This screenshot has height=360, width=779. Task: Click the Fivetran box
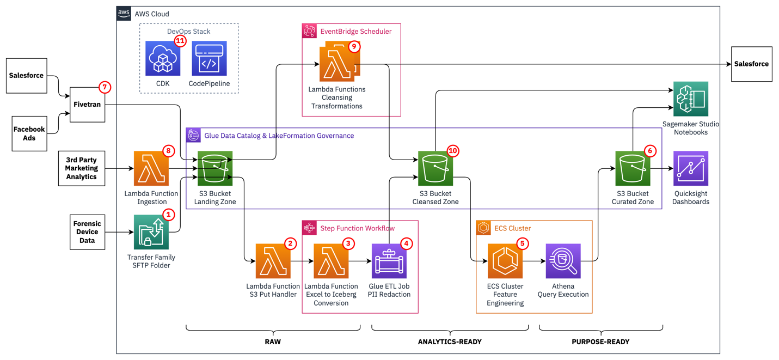(x=87, y=105)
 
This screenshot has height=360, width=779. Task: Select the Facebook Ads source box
(x=29, y=133)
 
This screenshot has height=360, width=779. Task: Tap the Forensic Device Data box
(x=87, y=232)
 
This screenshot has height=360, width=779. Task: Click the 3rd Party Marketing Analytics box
(x=82, y=168)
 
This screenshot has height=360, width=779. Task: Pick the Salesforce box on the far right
(x=751, y=64)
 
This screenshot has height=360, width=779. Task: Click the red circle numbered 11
(x=180, y=40)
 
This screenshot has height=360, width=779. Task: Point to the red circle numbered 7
(x=105, y=87)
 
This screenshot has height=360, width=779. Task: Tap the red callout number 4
(x=406, y=243)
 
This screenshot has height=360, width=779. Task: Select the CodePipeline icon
(x=209, y=58)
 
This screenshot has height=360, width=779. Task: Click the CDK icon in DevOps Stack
(x=163, y=58)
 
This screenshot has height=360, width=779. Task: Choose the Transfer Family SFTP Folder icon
(x=151, y=232)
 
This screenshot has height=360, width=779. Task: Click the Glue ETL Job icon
(x=389, y=261)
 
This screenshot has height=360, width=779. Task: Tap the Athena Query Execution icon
(x=563, y=261)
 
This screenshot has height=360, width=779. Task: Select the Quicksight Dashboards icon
(x=691, y=169)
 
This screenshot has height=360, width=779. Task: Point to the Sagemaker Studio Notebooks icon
(x=691, y=99)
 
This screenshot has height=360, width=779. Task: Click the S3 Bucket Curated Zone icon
(x=633, y=169)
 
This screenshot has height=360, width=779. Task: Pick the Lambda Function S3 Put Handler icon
(x=273, y=261)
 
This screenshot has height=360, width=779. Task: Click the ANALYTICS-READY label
(x=450, y=342)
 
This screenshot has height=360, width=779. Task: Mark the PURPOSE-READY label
(x=600, y=342)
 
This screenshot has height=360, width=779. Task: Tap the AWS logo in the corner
(x=124, y=14)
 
